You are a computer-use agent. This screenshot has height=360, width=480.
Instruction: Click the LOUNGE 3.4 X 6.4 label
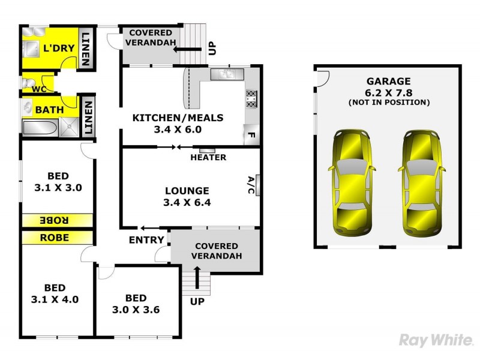[x=187, y=197]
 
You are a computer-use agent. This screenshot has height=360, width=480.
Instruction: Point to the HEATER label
[x=208, y=158]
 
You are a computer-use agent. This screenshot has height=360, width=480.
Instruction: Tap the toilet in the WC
[x=28, y=83]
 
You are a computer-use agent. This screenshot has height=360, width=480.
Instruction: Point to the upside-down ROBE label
[x=55, y=220]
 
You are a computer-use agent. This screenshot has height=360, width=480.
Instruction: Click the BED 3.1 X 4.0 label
[x=55, y=293]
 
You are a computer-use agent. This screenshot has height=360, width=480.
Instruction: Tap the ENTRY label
[x=146, y=240]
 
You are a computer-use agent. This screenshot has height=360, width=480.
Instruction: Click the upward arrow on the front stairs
[x=197, y=278]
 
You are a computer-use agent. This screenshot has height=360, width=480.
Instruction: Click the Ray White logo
[x=436, y=341]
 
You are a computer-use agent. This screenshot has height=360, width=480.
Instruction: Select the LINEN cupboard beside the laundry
[x=86, y=48]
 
